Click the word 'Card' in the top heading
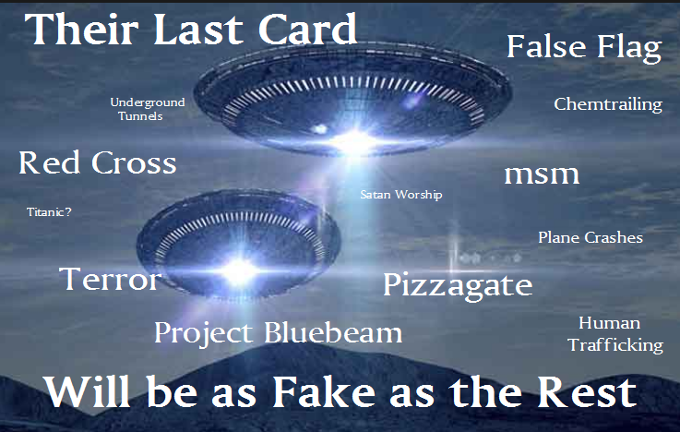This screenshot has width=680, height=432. point(307,29)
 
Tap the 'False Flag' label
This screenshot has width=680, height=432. point(584,48)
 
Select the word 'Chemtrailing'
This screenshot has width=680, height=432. point(608,104)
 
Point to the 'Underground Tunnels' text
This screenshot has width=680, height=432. point(148,109)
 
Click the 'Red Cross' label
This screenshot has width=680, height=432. point(98,162)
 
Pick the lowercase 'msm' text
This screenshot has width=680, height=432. point(542,174)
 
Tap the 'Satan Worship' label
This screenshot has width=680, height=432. point(401,195)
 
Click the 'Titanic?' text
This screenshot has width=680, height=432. point(49,211)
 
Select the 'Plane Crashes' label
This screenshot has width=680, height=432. point(591,237)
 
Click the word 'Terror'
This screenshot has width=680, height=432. point(110,279)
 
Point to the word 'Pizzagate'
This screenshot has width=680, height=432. point(458,285)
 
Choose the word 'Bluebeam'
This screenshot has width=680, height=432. point(333,332)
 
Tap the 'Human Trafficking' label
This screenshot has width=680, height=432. point(615,334)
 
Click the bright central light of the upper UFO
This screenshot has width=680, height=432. point(354,141)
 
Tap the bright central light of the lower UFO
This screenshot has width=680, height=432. point(239,272)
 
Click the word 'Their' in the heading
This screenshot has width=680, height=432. point(81,29)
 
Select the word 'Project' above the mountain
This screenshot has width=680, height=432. point(203,334)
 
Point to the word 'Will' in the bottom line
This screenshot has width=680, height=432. point(87,392)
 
